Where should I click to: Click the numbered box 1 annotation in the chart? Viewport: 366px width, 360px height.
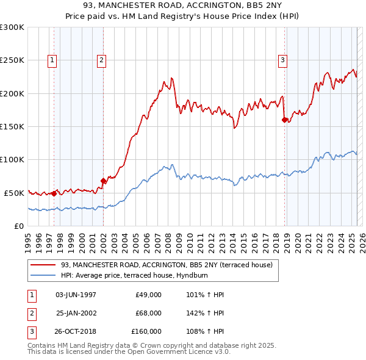[52, 60]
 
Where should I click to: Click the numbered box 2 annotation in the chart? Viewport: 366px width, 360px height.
[101, 60]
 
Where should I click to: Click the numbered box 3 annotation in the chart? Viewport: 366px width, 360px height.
[283, 60]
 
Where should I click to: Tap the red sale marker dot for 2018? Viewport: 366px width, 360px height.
[284, 120]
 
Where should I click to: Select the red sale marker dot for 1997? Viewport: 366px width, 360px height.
[54, 193]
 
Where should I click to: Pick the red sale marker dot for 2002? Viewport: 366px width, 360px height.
[103, 181]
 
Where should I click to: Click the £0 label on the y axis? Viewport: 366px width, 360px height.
[18, 226]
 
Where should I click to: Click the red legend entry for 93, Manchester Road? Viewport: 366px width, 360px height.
[170, 265]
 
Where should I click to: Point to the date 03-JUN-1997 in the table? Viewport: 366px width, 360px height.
[76, 295]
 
